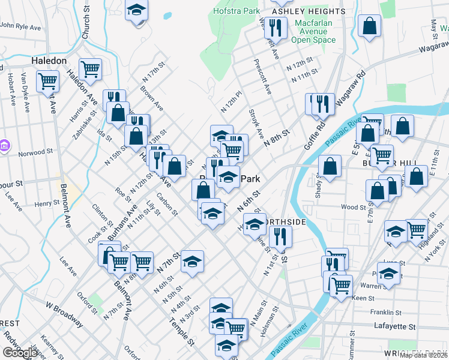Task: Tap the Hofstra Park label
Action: pos(238,10)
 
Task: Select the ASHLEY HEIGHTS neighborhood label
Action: pos(309,11)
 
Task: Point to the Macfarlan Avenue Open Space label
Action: pos(313,31)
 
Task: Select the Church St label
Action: pos(85,27)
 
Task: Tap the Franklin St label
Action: pos(385,313)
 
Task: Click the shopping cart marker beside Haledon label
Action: pos(90,68)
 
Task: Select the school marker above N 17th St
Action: pos(137,10)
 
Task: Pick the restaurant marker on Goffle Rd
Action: pos(324,104)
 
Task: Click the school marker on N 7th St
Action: pos(192,261)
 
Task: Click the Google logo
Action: pos(20,353)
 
